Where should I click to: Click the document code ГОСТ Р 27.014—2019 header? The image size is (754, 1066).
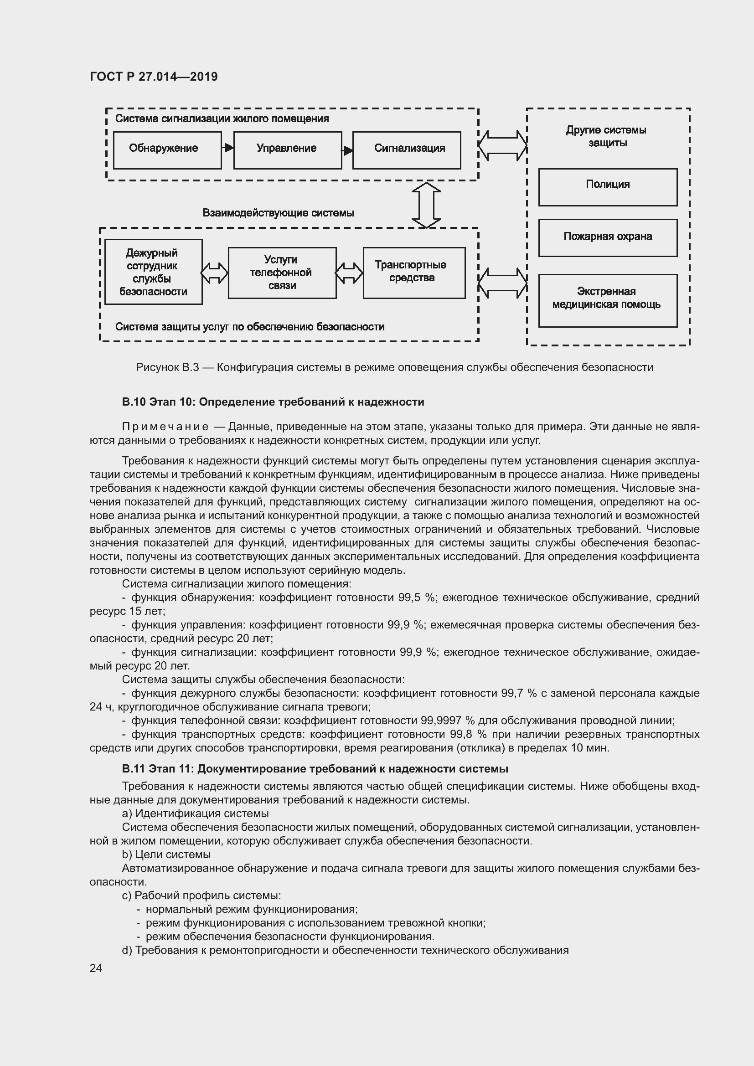point(154,77)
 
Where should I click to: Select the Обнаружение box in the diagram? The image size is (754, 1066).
point(167,150)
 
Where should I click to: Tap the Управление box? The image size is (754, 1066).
point(287,150)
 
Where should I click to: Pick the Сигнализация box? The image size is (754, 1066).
point(407,150)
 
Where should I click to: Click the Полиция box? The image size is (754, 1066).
point(608,187)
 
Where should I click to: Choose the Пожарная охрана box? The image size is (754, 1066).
point(608,237)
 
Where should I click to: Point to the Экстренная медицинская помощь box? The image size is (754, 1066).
point(608,300)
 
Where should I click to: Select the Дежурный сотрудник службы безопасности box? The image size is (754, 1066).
point(153,272)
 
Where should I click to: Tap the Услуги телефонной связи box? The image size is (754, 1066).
point(282,273)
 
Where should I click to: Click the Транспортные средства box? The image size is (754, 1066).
point(413,273)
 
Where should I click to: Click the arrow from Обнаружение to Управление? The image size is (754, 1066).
point(227,148)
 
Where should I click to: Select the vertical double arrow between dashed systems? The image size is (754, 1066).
point(426,205)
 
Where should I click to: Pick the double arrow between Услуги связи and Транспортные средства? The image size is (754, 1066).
point(349,273)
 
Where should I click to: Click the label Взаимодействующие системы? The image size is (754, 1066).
point(278,213)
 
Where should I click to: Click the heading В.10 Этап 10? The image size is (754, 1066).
point(273,402)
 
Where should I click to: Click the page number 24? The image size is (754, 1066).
point(96,968)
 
